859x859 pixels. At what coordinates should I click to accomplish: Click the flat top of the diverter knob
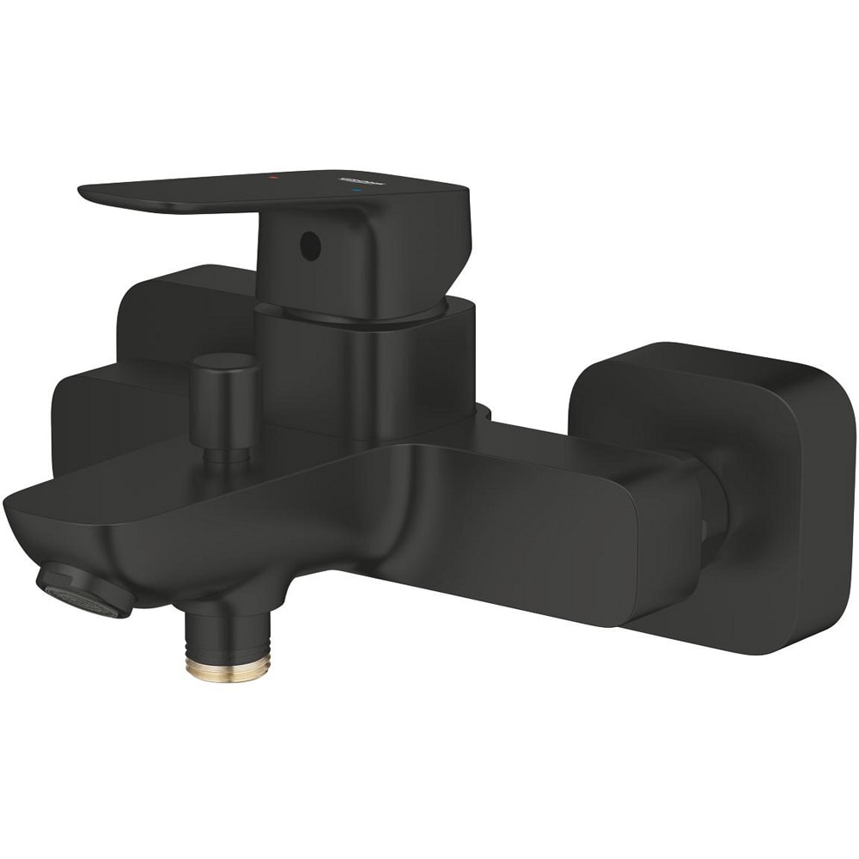(x=224, y=360)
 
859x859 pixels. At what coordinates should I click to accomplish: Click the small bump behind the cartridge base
(x=484, y=413)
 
